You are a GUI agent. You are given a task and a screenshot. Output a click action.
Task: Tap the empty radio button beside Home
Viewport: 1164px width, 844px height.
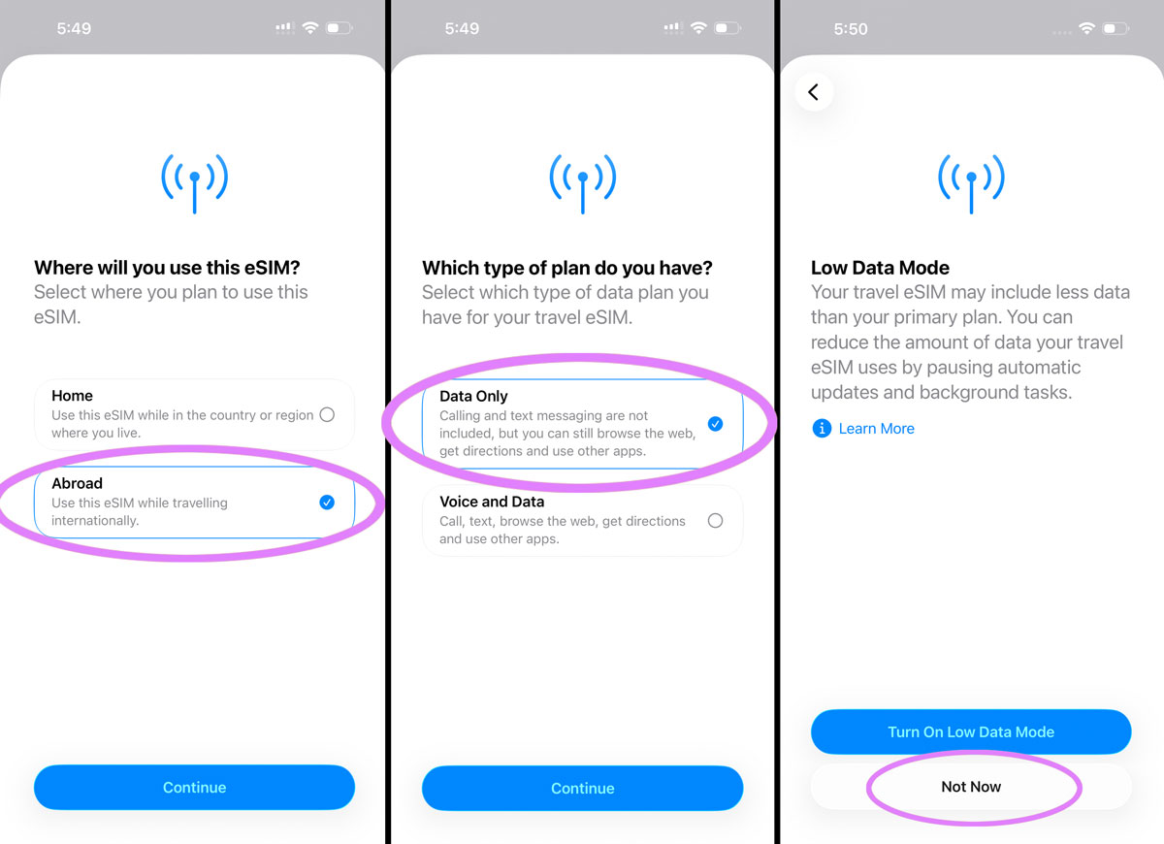tap(327, 415)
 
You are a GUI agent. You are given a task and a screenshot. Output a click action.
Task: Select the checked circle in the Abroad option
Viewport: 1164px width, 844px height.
tap(327, 502)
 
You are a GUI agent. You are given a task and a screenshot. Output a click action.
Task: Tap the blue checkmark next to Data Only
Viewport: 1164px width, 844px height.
tap(715, 424)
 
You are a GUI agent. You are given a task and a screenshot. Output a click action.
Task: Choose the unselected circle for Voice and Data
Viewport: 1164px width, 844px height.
tap(715, 521)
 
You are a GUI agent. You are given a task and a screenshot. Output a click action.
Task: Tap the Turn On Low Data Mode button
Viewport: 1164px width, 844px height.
tap(971, 732)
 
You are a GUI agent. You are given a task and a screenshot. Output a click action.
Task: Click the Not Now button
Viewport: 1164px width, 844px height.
tap(971, 787)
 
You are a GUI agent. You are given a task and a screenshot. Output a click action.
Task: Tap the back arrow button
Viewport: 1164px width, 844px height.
tap(814, 92)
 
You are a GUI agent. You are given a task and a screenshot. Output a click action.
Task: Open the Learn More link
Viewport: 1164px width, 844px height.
tap(876, 429)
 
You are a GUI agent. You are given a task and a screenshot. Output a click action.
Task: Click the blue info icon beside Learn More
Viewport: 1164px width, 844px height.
tap(822, 429)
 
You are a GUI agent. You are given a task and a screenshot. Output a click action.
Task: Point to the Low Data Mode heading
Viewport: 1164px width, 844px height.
tap(880, 268)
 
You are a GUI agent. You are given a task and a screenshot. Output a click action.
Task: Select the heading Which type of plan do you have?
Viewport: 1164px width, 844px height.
tap(567, 268)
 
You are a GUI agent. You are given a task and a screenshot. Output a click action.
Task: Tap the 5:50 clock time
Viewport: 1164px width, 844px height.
tap(851, 29)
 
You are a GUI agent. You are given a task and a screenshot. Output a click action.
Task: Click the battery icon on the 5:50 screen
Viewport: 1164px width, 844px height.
tap(1115, 29)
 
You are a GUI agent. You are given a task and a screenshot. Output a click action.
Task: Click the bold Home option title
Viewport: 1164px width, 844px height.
tap(73, 396)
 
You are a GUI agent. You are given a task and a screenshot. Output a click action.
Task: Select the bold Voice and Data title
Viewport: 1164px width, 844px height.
tap(492, 502)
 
